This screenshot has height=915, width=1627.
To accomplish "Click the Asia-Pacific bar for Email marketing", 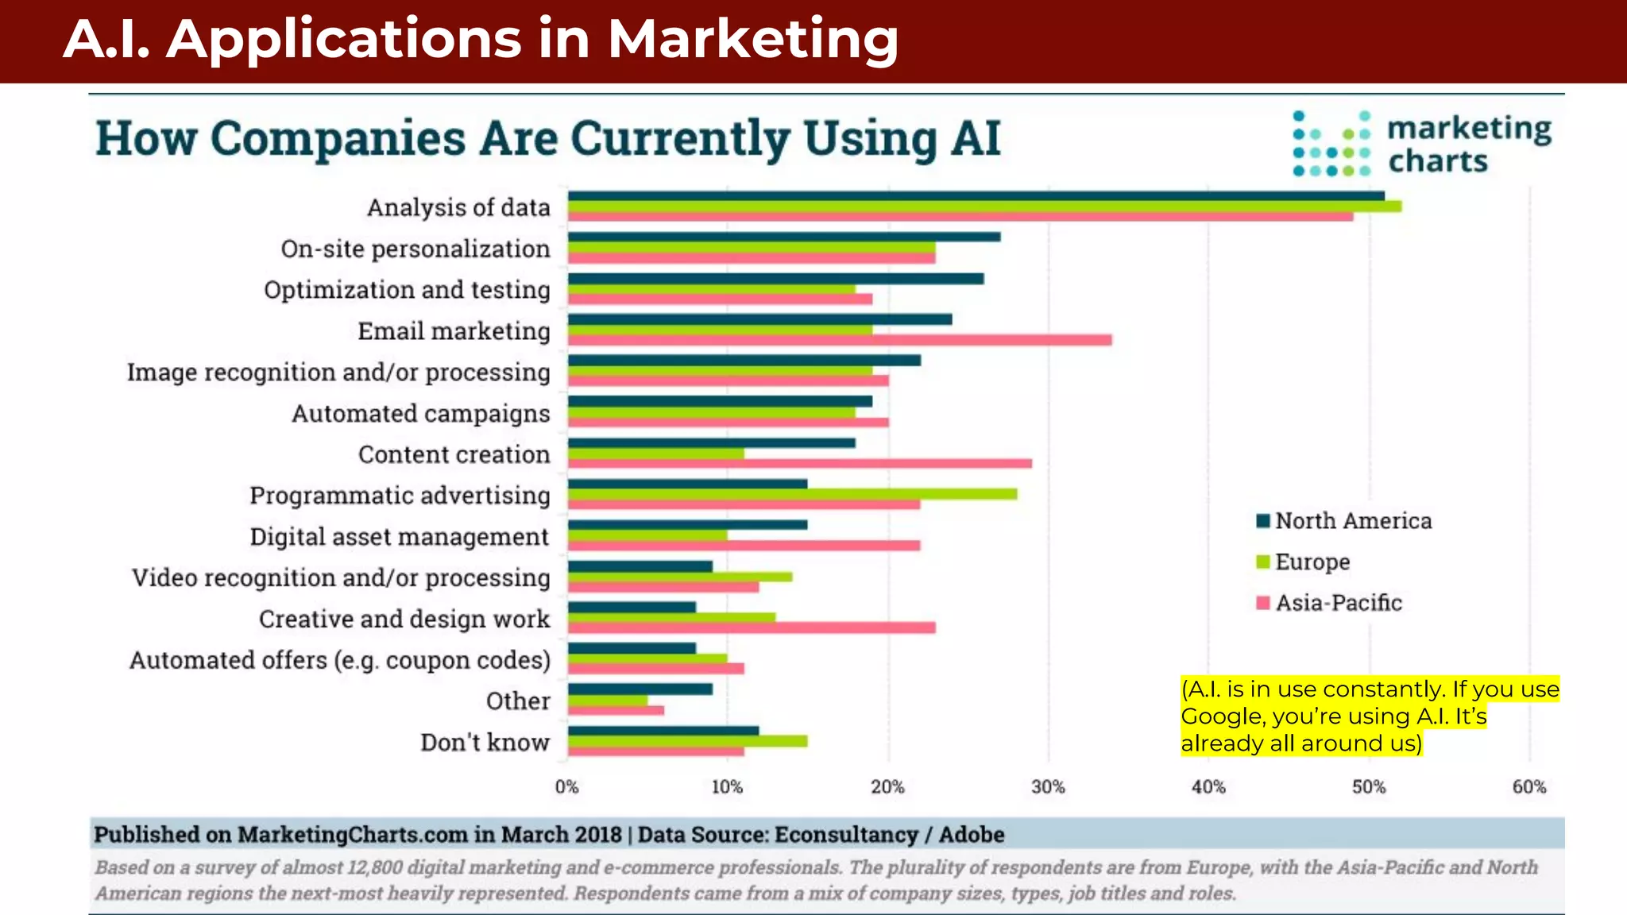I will pos(839,340).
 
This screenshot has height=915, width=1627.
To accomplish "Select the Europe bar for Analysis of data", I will pos(984,207).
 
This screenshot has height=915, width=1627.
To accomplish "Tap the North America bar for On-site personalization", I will pos(783,237).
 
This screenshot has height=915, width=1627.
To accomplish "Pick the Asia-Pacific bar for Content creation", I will pos(799,463).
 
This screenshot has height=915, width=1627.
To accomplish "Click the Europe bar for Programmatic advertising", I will pos(792,494).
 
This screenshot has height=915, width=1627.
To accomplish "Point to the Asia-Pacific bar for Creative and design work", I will pos(751,627).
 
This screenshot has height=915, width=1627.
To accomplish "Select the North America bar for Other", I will pos(640,689).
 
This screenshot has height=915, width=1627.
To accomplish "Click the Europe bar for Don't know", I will pos(687,741).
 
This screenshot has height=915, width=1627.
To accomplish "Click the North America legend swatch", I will pos(1263,521).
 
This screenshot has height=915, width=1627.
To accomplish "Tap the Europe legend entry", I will pos(1312,562).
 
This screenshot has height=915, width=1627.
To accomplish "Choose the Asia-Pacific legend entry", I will pos(1338,604).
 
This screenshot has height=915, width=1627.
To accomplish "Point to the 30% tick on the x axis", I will pos(1048,787).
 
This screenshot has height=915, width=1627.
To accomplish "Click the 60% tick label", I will pos(1528,787).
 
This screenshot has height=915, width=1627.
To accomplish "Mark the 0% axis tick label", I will pos(566,787).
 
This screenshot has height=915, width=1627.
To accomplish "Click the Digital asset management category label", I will pos(399,537).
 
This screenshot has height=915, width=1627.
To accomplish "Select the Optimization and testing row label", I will pos(407,290).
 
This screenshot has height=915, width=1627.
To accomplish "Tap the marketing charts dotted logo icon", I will pos(1331,144).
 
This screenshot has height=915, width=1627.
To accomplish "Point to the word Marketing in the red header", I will pos(752,39).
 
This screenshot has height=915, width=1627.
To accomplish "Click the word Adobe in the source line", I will pos(972,835).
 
